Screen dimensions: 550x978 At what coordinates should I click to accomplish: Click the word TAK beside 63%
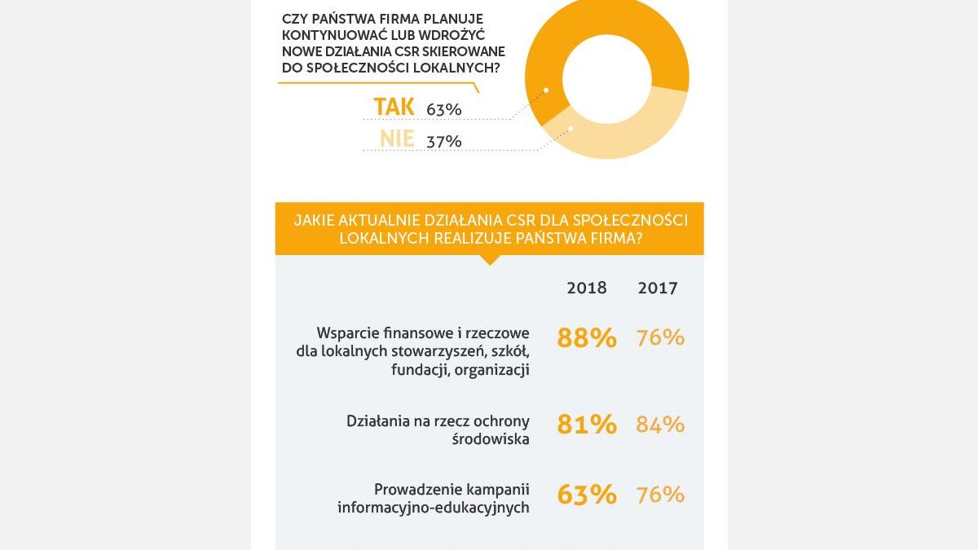pyautogui.click(x=394, y=107)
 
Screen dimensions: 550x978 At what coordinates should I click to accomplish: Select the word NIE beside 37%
pyautogui.click(x=397, y=139)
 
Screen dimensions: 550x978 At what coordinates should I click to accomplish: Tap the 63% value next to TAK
pyautogui.click(x=444, y=109)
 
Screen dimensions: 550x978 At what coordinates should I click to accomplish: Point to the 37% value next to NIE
pyautogui.click(x=444, y=142)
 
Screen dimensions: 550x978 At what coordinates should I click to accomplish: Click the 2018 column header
pyautogui.click(x=587, y=288)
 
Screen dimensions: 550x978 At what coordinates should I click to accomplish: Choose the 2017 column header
pyautogui.click(x=658, y=288)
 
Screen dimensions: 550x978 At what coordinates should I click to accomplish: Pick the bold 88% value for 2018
pyautogui.click(x=587, y=337)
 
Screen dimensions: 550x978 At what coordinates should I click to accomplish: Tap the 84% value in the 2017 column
pyautogui.click(x=660, y=425)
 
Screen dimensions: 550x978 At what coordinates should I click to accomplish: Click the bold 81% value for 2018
pyautogui.click(x=587, y=425)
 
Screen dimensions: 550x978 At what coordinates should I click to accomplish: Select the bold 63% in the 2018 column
pyautogui.click(x=587, y=495)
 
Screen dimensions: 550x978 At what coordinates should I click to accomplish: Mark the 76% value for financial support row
pyautogui.click(x=660, y=337)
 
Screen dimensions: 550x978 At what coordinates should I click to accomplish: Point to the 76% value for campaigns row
pyautogui.click(x=660, y=495)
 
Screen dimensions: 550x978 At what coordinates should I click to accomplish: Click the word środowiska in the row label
pyautogui.click(x=491, y=439)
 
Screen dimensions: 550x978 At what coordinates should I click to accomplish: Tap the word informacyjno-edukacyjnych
pyautogui.click(x=434, y=508)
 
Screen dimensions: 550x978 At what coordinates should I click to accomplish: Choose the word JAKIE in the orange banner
pyautogui.click(x=316, y=221)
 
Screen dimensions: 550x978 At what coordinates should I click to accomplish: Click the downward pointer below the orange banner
pyautogui.click(x=489, y=260)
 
